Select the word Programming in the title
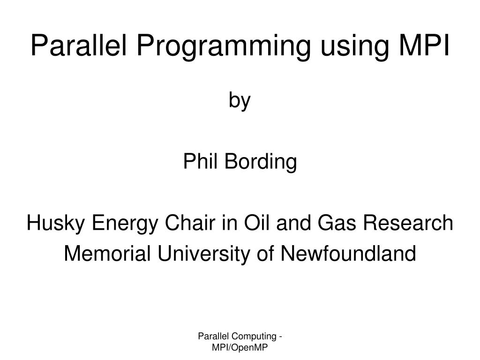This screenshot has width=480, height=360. (x=224, y=48)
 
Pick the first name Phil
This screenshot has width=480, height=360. (x=200, y=161)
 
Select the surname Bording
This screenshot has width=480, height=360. (x=261, y=163)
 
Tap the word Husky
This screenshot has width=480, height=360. (x=55, y=224)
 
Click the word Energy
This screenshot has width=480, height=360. (x=125, y=224)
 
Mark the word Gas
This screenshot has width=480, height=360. (x=337, y=222)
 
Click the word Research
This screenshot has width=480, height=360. (x=408, y=222)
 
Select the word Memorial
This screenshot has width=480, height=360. (x=107, y=253)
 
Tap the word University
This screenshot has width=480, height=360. (x=203, y=255)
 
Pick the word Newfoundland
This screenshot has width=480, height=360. (x=348, y=253)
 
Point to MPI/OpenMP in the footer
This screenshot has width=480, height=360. (x=240, y=348)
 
